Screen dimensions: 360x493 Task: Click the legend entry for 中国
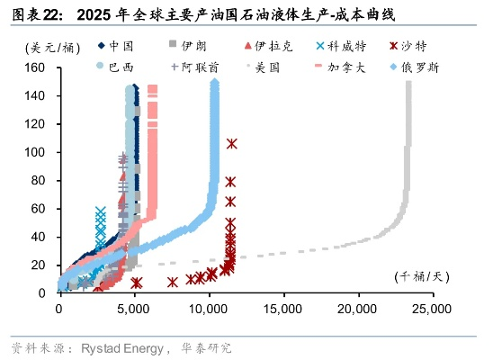click(117, 45)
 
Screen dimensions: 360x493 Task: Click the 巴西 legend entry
click(117, 67)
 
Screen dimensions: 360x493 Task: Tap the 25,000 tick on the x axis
click(431, 309)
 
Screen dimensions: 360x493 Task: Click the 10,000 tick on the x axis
click(208, 309)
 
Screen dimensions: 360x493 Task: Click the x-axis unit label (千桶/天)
click(420, 276)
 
